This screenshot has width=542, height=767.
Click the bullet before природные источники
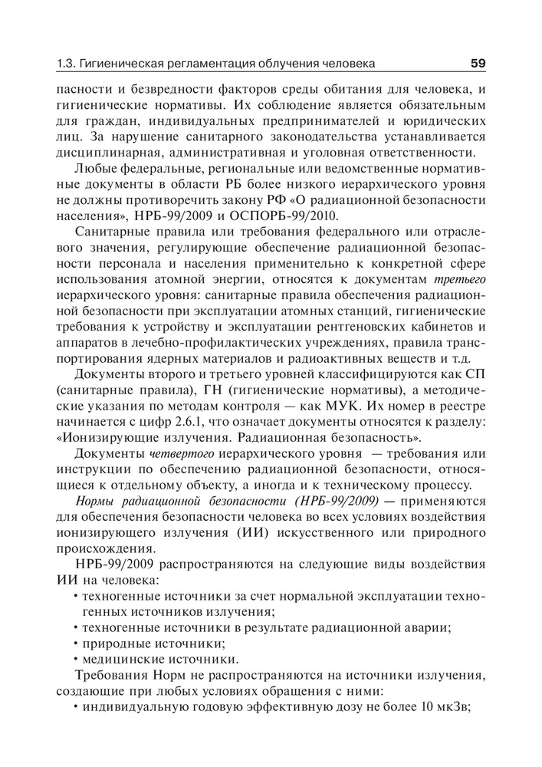pyautogui.click(x=76, y=644)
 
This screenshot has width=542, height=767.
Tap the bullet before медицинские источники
pyautogui.click(x=76, y=660)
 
